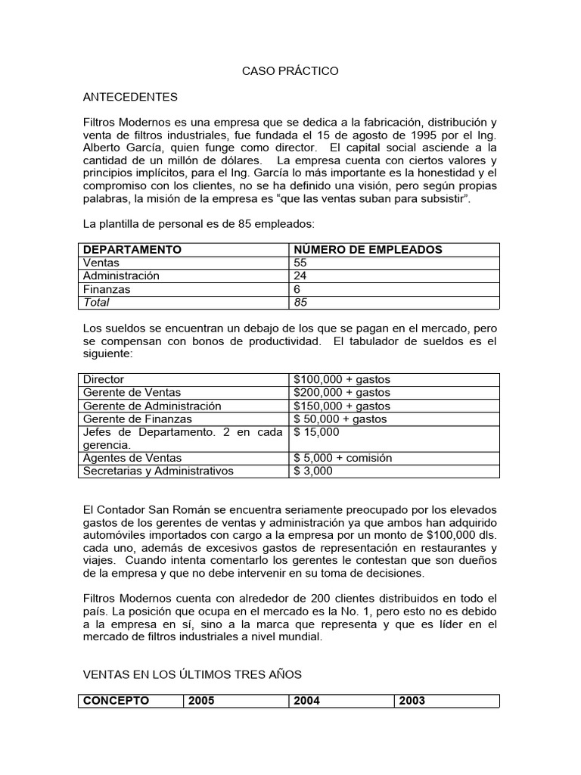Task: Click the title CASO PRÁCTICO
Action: point(290,71)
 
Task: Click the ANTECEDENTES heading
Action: point(130,97)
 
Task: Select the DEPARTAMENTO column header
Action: point(132,250)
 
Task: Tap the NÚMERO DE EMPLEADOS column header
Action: point(368,250)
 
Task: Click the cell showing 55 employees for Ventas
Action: point(300,263)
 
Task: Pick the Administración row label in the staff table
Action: point(121,275)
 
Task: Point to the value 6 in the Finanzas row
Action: point(297,289)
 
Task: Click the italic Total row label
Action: point(96,303)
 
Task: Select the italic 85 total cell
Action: point(300,303)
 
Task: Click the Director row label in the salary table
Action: point(104,379)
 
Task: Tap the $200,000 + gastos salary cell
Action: point(342,392)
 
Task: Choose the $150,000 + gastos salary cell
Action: point(342,406)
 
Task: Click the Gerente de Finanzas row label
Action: point(138,419)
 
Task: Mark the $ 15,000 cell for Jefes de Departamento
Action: point(317,432)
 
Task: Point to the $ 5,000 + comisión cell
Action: point(343,458)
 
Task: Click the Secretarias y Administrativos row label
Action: point(158,471)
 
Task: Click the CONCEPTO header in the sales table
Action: point(116,701)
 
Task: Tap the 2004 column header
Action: point(307,701)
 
